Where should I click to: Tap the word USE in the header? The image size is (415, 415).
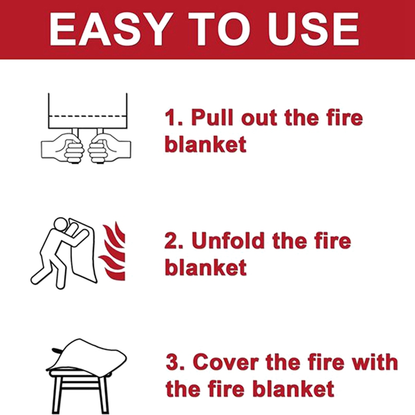coord(311,29)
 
